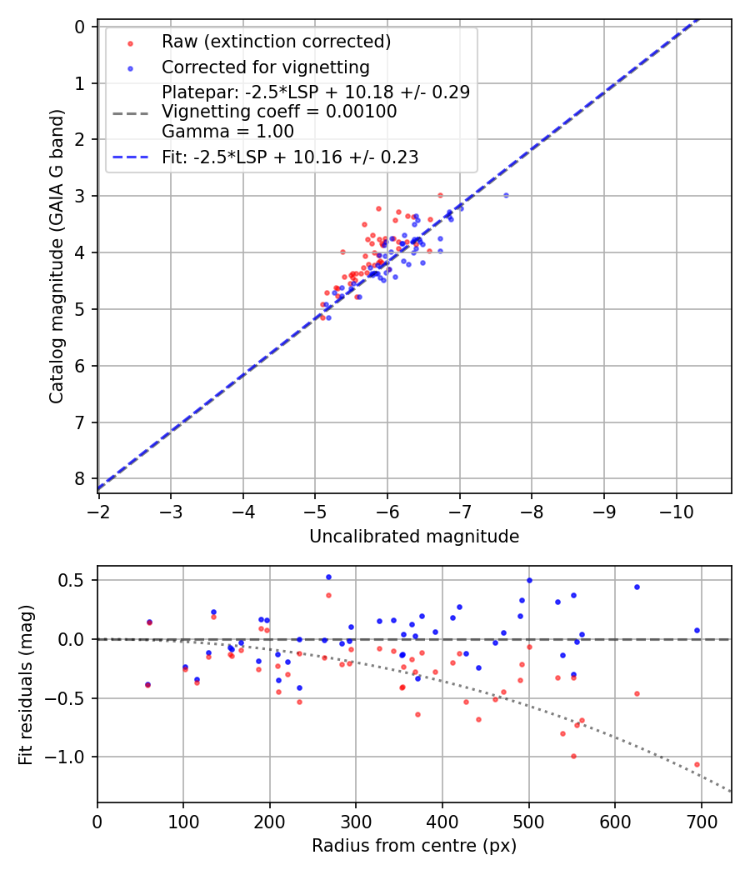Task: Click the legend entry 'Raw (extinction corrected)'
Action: click(x=276, y=42)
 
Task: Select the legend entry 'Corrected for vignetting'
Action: click(x=265, y=67)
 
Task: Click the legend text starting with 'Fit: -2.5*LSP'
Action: click(x=290, y=157)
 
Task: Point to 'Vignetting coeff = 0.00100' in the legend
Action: click(x=279, y=112)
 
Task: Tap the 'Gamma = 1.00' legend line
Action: click(x=227, y=131)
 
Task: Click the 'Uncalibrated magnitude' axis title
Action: click(x=414, y=537)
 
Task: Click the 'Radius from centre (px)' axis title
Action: click(x=414, y=846)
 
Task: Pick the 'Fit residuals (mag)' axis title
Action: click(x=26, y=684)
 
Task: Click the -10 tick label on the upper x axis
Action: click(x=675, y=510)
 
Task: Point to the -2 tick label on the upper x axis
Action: click(x=98, y=510)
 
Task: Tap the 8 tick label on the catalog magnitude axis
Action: click(x=81, y=478)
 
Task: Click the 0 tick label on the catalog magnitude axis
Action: click(x=81, y=27)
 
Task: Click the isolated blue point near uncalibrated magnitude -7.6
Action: click(x=506, y=195)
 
